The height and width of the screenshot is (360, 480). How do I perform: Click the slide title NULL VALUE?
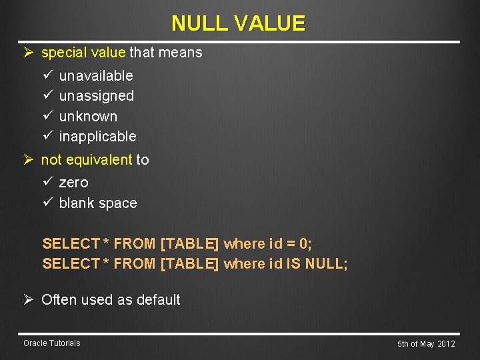tap(238, 23)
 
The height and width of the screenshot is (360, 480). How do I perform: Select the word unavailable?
tap(96, 76)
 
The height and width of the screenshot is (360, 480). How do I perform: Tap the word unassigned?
tap(96, 96)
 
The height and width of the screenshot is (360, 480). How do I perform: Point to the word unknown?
tap(88, 117)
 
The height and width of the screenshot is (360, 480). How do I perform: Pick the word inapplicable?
tap(97, 137)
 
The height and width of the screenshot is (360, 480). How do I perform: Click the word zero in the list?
tap(73, 183)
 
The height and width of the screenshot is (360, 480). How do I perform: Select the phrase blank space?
tap(98, 203)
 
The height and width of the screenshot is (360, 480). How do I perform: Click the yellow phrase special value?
tap(83, 53)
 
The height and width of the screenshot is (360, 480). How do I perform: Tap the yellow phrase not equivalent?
tap(87, 160)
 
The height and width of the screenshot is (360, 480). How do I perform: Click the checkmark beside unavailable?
tap(47, 76)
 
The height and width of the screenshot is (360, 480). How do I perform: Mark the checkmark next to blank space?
tap(47, 203)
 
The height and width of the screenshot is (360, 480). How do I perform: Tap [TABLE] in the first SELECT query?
tap(189, 244)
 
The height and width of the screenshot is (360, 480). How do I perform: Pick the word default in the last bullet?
tap(158, 300)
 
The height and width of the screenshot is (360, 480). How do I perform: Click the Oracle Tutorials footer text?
tap(51, 343)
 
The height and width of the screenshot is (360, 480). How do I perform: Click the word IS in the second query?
tap(293, 264)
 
